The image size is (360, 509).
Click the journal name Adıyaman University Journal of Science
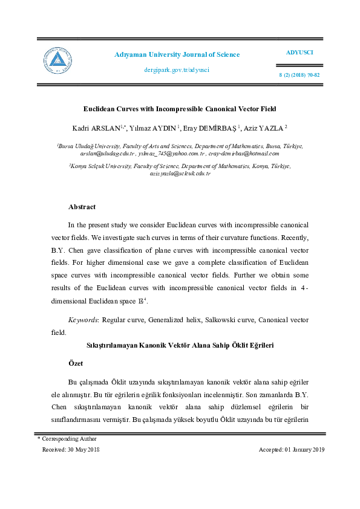click(x=177, y=55)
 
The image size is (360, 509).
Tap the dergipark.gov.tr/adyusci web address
click(x=177, y=70)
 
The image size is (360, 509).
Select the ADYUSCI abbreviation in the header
click(x=299, y=53)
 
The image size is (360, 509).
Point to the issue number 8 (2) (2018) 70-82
click(x=299, y=76)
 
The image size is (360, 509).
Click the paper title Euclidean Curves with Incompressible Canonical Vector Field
click(x=179, y=109)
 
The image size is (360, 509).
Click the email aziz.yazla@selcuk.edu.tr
click(x=180, y=173)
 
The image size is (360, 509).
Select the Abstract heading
click(x=82, y=207)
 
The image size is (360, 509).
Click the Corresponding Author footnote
click(x=67, y=439)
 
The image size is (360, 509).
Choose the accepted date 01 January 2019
click(x=292, y=449)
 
